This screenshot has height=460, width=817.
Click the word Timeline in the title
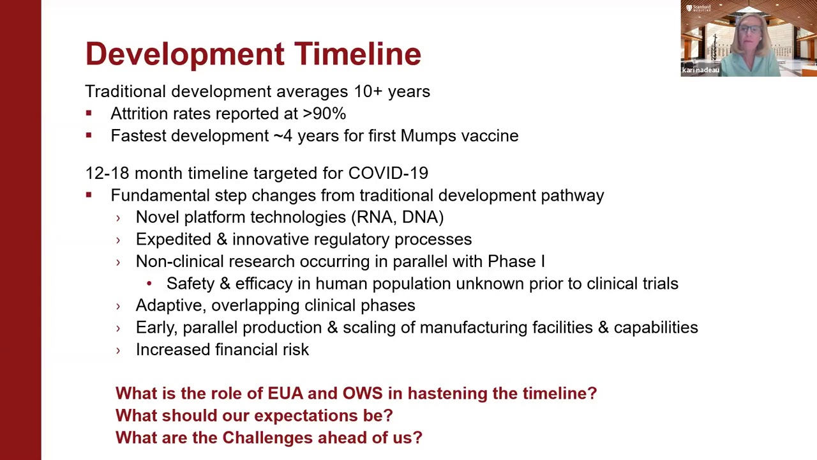click(x=357, y=54)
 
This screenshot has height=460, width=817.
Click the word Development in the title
click(x=185, y=55)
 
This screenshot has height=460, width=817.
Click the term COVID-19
click(x=388, y=173)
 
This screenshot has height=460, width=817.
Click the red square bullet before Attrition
click(x=89, y=113)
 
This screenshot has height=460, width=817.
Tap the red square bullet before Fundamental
click(x=89, y=195)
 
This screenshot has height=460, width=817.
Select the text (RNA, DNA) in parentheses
click(x=398, y=218)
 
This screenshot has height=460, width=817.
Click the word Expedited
click(x=174, y=240)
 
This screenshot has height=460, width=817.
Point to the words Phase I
click(x=516, y=261)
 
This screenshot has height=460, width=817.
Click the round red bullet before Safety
click(x=149, y=283)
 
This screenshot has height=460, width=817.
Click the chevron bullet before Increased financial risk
click(x=118, y=350)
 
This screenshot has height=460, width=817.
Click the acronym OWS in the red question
click(x=363, y=394)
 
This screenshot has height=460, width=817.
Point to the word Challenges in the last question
click(x=267, y=438)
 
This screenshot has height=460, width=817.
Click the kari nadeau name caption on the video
click(x=700, y=70)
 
